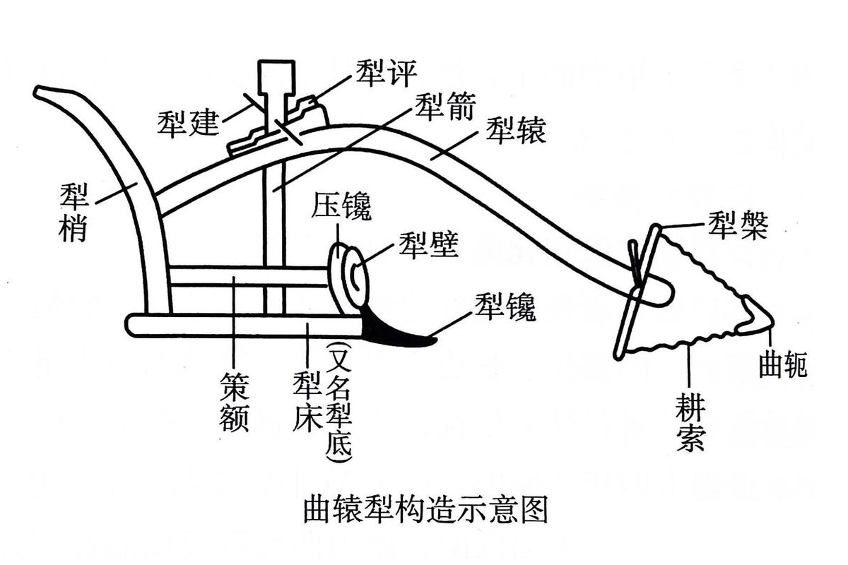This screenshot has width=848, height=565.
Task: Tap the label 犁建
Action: coord(187,125)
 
